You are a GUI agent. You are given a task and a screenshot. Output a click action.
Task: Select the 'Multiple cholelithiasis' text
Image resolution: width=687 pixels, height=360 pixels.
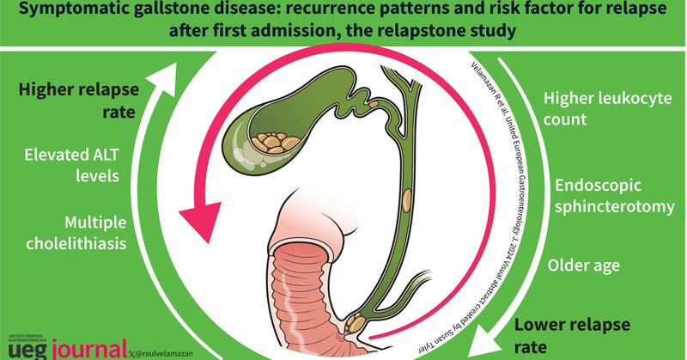click(x=73, y=231)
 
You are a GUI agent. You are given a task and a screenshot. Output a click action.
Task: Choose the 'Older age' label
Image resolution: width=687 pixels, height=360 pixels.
click(x=583, y=265)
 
